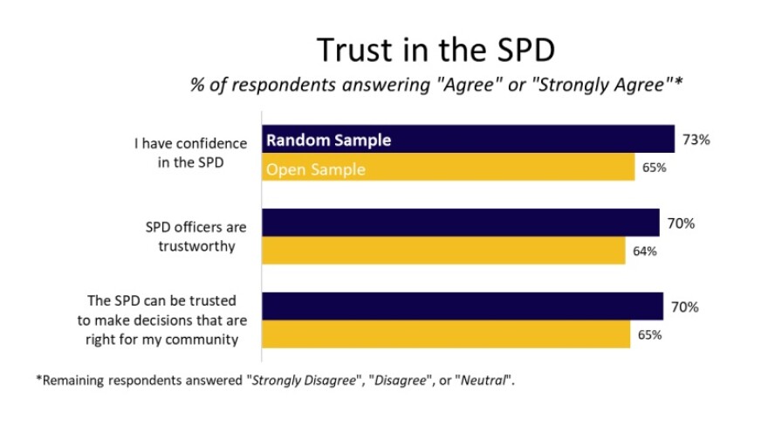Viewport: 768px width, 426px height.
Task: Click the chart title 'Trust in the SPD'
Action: [434, 50]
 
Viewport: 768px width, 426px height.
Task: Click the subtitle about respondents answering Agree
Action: [434, 86]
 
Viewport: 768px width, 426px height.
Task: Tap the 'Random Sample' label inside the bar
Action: [328, 140]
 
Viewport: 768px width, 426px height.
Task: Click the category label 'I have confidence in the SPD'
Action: [189, 153]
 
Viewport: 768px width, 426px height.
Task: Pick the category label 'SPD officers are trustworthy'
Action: [195, 237]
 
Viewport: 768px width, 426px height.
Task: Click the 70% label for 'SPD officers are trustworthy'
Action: [682, 223]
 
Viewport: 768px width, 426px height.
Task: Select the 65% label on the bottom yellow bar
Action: [649, 334]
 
